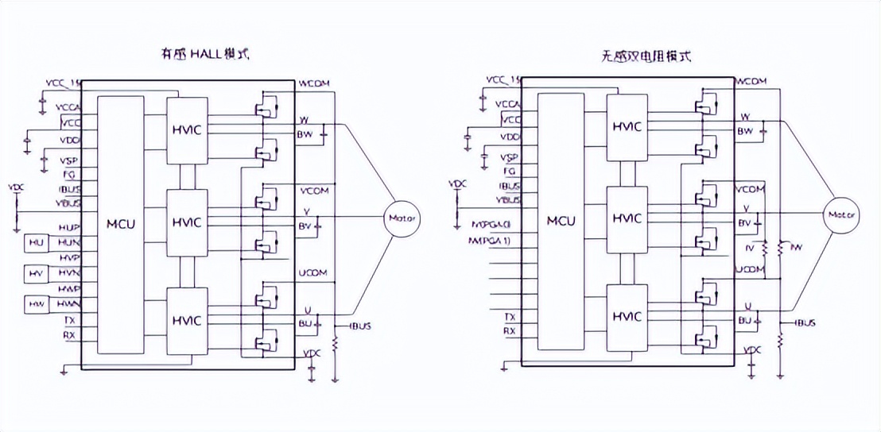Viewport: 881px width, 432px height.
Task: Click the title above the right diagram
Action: (646, 56)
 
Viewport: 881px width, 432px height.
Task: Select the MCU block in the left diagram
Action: (121, 223)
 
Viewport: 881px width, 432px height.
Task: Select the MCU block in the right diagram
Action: (561, 220)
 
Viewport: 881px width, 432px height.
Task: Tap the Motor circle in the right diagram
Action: (840, 214)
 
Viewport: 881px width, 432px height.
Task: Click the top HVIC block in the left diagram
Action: (188, 129)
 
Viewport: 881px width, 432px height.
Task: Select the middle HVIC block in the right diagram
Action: (627, 218)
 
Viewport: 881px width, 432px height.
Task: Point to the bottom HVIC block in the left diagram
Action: (188, 320)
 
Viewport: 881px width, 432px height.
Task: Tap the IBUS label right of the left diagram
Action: (359, 326)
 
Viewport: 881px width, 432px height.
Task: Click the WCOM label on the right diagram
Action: (751, 81)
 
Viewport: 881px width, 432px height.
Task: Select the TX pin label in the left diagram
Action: (69, 319)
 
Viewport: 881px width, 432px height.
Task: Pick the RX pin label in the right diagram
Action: (510, 330)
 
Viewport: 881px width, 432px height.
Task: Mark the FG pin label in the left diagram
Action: (69, 173)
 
